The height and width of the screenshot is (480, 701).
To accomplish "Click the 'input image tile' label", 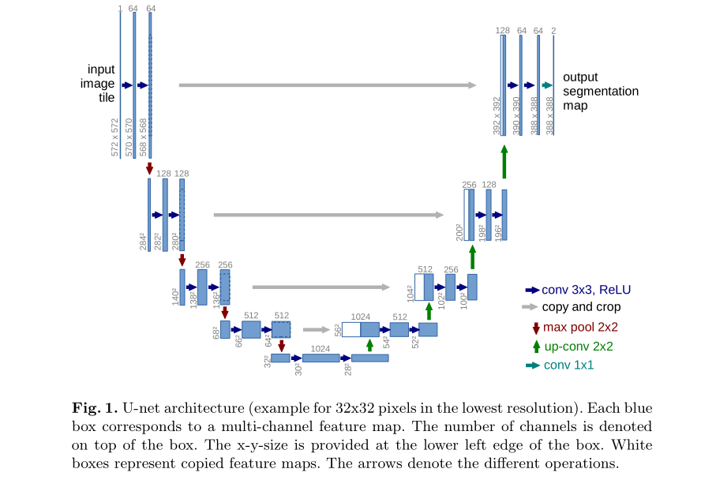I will pyautogui.click(x=101, y=84).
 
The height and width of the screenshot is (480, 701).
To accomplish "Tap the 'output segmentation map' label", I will pyautogui.click(x=600, y=91).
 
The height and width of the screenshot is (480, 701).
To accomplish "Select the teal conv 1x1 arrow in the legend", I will pyautogui.click(x=533, y=366).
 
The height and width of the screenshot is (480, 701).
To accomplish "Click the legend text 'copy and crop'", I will pyautogui.click(x=581, y=307).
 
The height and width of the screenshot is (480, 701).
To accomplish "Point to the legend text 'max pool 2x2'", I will pyautogui.click(x=579, y=327).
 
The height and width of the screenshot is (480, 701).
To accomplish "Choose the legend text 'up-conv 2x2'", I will pyautogui.click(x=579, y=346).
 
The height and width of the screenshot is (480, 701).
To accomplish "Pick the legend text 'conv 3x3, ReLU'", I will pyautogui.click(x=586, y=289).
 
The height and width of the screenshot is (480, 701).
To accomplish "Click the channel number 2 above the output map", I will pyautogui.click(x=553, y=31).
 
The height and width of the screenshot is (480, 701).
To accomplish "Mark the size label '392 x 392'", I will pyautogui.click(x=497, y=116).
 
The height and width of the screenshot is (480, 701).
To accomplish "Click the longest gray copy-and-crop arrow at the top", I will pyautogui.click(x=328, y=85).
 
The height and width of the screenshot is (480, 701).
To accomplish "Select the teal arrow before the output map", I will pyautogui.click(x=546, y=85).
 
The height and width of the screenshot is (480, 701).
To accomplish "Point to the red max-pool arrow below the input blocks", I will pyautogui.click(x=149, y=168).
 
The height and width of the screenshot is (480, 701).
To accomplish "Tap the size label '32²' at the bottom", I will pyautogui.click(x=266, y=361).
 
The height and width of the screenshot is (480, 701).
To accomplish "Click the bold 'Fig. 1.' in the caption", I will pyautogui.click(x=94, y=408).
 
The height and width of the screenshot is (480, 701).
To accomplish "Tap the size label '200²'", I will pyautogui.click(x=459, y=231).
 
